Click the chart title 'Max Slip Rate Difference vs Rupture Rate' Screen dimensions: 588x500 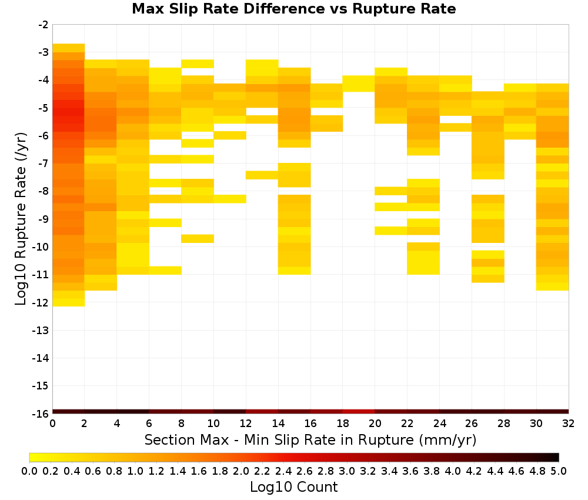tap(293, 9)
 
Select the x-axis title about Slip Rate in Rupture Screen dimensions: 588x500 tap(310, 439)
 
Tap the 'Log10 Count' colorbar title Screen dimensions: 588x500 tap(293, 487)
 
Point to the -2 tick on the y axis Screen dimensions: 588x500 tap(44, 25)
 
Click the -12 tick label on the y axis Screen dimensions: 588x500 tap(41, 302)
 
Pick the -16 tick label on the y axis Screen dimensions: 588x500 tap(41, 414)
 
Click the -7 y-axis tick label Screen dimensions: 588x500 tap(44, 164)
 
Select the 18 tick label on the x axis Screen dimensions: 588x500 tap(342, 424)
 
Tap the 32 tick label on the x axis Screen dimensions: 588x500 tap(568, 424)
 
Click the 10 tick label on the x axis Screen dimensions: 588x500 tap(213, 424)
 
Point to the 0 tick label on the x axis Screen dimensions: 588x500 tap(52, 424)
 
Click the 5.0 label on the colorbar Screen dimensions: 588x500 tap(559, 471)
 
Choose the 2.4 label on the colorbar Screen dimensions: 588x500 tap(283, 471)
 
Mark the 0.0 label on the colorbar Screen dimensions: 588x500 tap(29, 471)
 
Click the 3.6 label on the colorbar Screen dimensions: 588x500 tap(410, 471)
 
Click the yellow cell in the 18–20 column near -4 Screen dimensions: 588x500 tap(359, 84)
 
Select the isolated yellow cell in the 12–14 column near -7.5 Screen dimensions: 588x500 tap(262, 175)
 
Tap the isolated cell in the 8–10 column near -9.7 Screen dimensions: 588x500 tap(197, 239)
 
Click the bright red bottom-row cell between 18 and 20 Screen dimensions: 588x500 tap(359, 412)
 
